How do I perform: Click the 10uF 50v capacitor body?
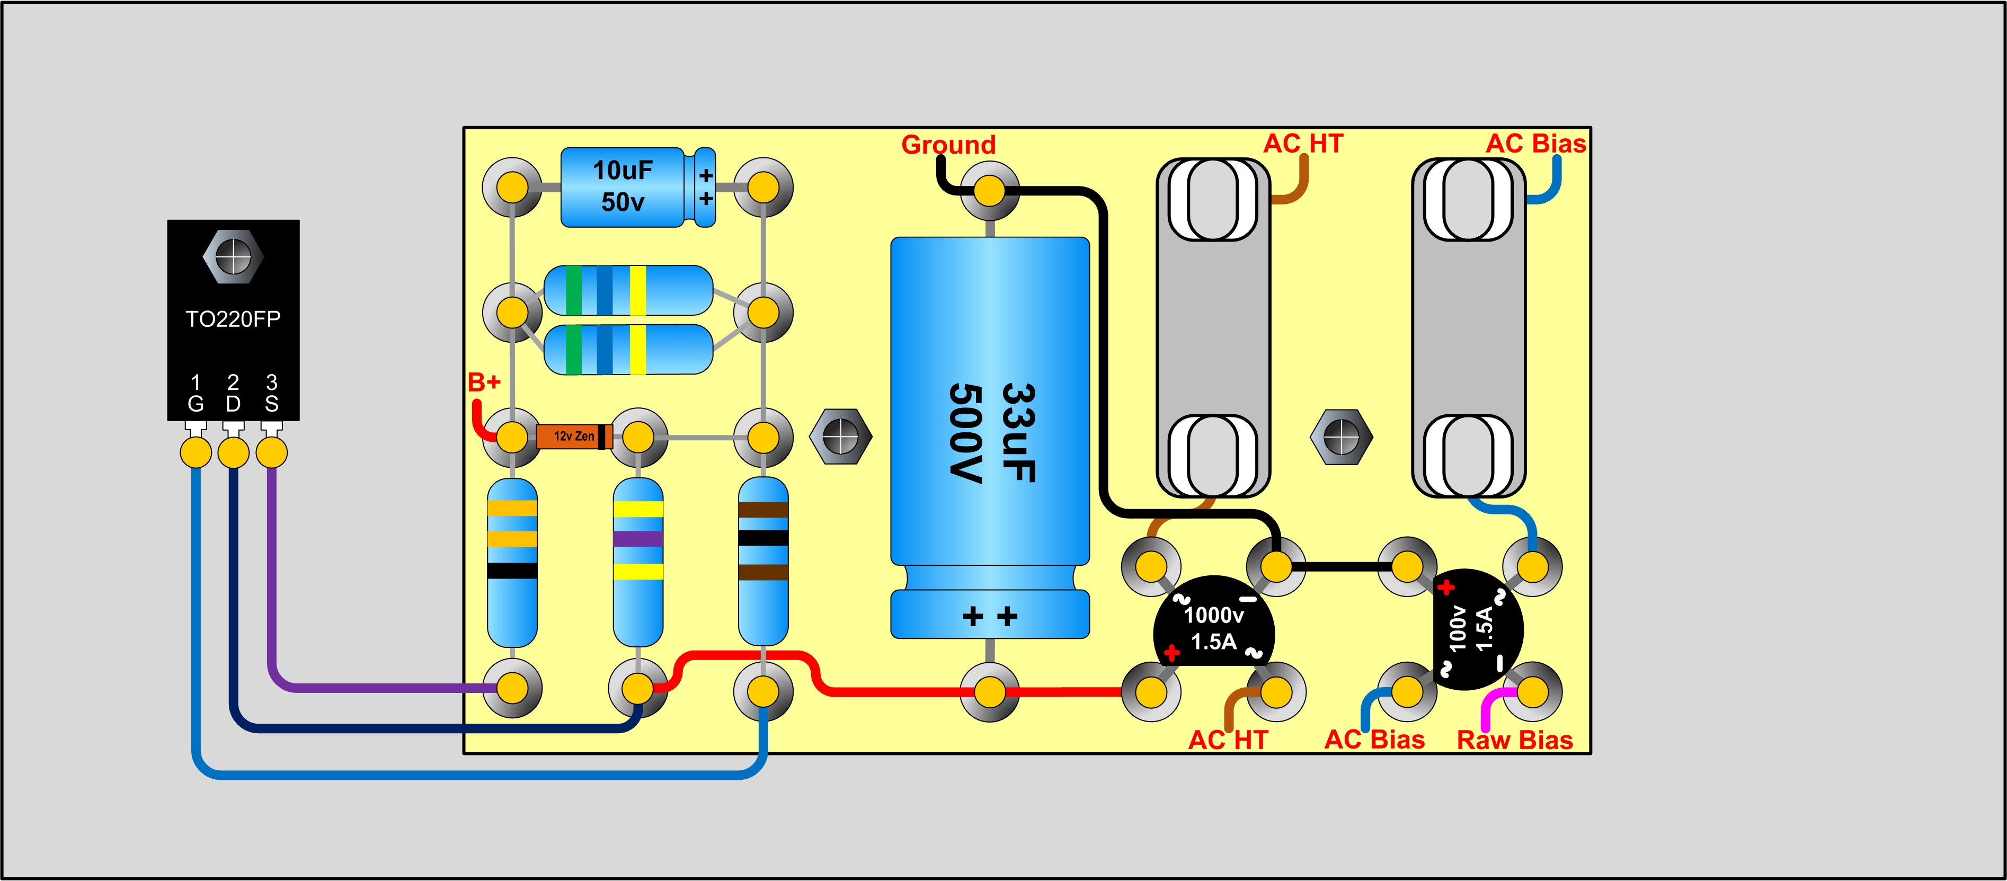623,187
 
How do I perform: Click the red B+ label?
484,382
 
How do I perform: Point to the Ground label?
948,145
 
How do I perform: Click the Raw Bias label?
1515,740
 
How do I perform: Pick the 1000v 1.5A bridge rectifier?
1213,631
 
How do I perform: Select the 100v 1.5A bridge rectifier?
1477,629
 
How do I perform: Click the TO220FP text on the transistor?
233,319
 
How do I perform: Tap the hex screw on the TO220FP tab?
233,255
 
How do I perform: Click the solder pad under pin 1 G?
196,452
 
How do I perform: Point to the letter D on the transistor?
233,404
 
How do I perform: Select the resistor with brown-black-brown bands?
763,561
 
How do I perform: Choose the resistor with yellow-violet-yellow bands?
638,561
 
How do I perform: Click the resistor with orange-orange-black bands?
512,561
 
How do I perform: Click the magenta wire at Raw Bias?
1488,705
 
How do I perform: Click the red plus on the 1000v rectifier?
1171,653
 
